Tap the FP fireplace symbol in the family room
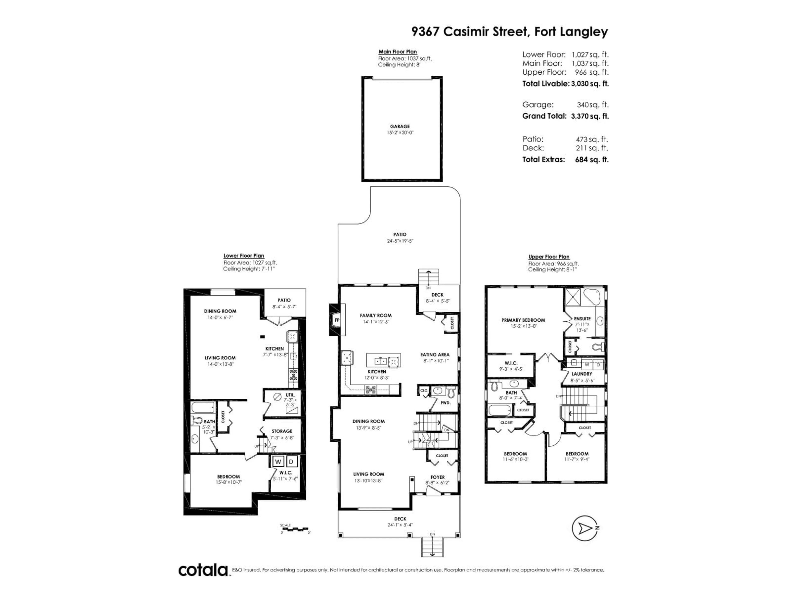(x=337, y=320)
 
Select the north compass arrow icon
(x=584, y=528)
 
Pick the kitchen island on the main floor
(x=383, y=361)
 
